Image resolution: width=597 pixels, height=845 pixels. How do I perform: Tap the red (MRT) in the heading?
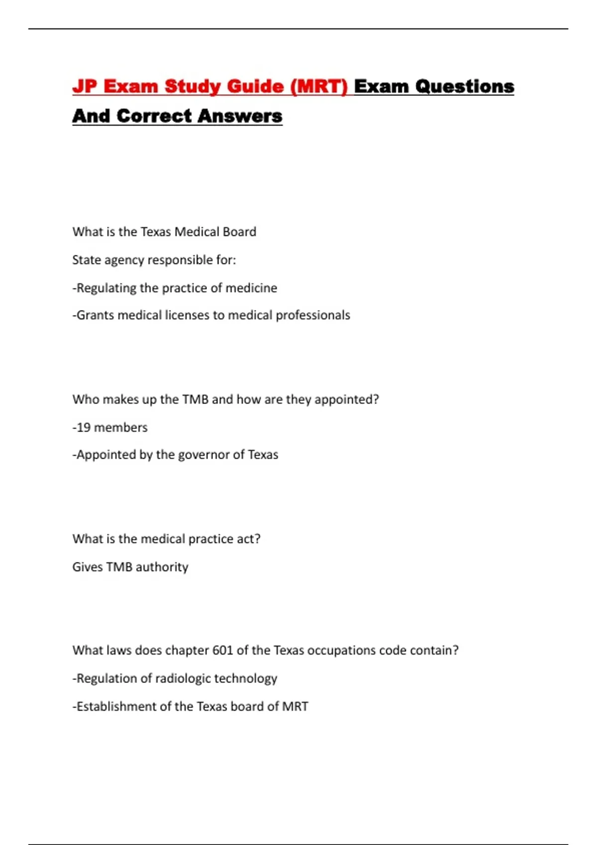point(319,86)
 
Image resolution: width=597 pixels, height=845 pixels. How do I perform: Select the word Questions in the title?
point(465,86)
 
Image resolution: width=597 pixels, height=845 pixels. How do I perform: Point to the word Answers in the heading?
point(240,116)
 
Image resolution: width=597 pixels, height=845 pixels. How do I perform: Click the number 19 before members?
point(84,427)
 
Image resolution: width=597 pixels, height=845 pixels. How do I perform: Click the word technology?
point(245,679)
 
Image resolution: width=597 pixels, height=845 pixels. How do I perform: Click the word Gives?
point(88,567)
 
